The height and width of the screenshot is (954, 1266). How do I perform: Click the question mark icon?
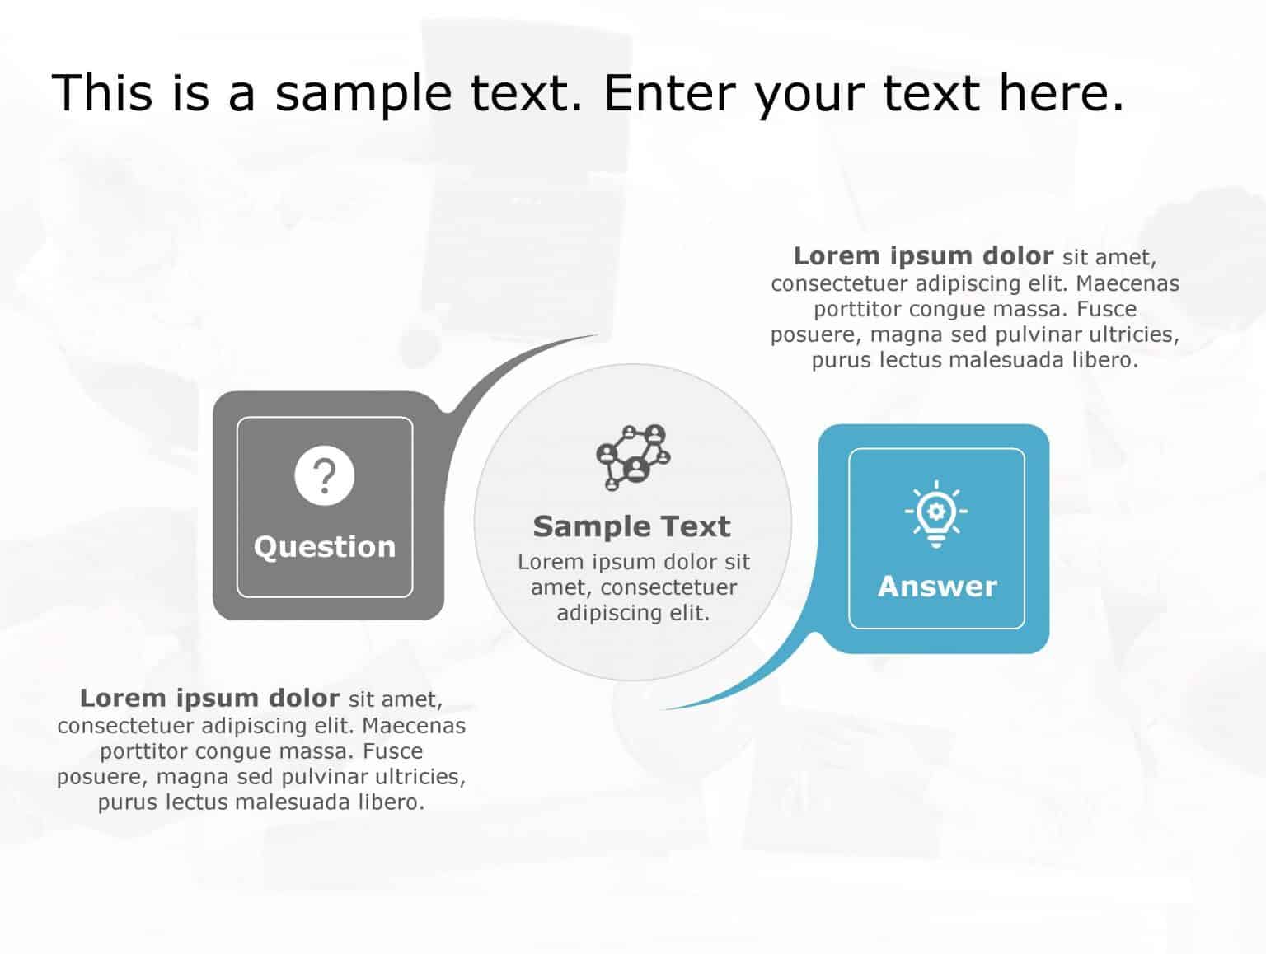click(x=325, y=476)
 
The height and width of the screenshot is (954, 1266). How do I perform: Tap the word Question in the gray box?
click(x=325, y=547)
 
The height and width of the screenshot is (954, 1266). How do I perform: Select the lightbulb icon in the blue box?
click(x=936, y=513)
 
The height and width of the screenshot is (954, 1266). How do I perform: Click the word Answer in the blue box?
click(x=937, y=587)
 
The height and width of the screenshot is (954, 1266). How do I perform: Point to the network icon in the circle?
click(x=633, y=457)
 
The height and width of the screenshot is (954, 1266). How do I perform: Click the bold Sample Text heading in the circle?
click(x=632, y=526)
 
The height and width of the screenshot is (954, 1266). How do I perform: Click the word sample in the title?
click(x=363, y=92)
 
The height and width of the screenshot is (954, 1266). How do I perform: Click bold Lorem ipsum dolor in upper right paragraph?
click(x=923, y=256)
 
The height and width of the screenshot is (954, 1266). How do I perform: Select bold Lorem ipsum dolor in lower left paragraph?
click(x=209, y=699)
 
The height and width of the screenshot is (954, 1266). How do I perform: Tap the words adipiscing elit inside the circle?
click(x=633, y=613)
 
